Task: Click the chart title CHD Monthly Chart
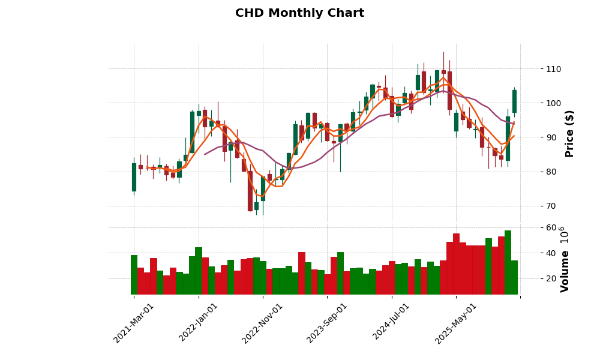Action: pyautogui.click(x=299, y=13)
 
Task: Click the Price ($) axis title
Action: pyautogui.click(x=570, y=133)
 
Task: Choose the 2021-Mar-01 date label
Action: pyautogui.click(x=134, y=323)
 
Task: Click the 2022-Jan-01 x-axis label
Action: pyautogui.click(x=199, y=323)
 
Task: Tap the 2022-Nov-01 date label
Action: pyautogui.click(x=262, y=323)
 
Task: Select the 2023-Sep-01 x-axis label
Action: pyautogui.click(x=327, y=323)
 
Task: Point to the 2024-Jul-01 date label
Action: pyautogui.click(x=391, y=323)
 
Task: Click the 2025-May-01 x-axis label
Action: pyautogui.click(x=456, y=323)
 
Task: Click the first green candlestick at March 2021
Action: pyautogui.click(x=134, y=177)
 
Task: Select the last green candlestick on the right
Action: pyautogui.click(x=514, y=101)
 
